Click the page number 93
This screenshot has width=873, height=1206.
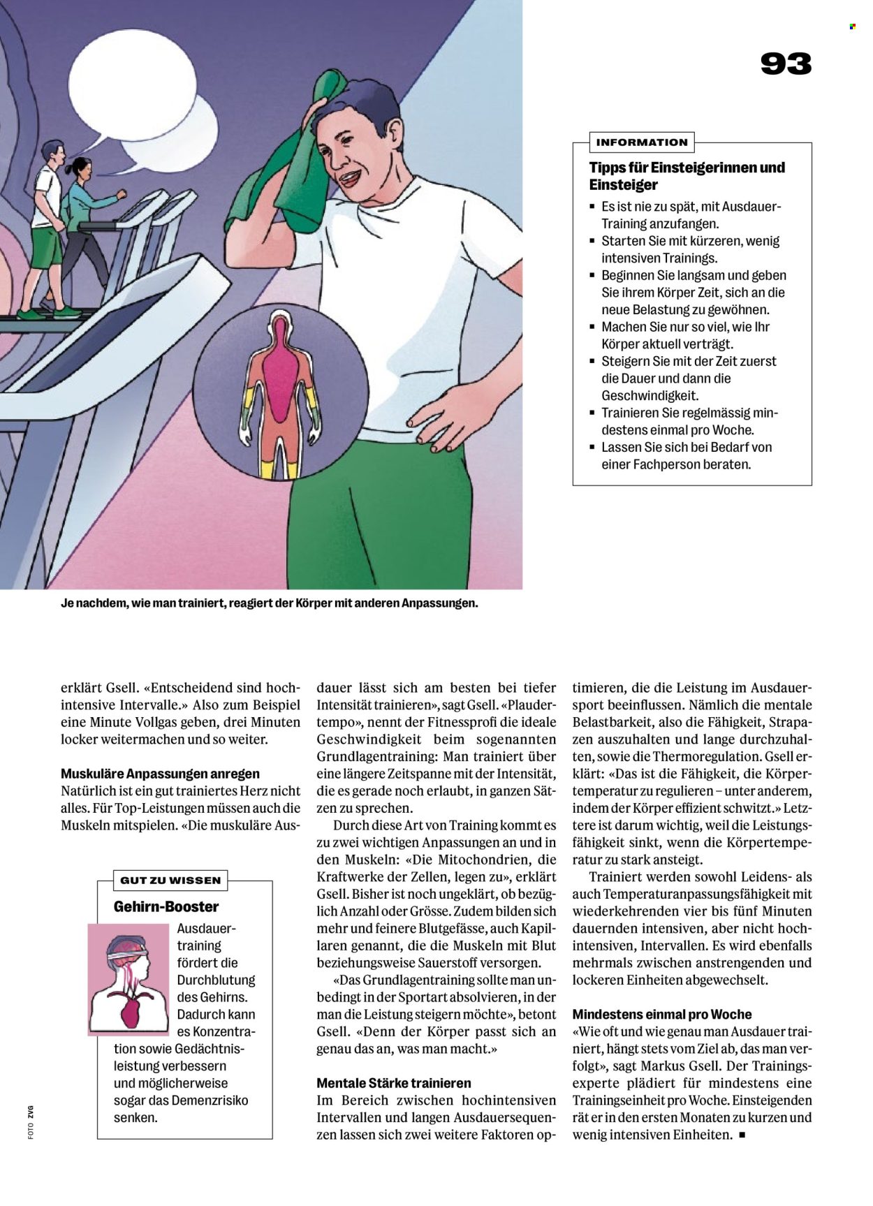tap(786, 64)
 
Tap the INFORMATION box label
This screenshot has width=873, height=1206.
tap(641, 142)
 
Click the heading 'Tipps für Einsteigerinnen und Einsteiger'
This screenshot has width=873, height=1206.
tap(687, 176)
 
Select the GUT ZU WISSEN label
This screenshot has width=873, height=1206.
tap(170, 880)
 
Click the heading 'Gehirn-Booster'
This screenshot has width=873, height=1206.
tap(166, 906)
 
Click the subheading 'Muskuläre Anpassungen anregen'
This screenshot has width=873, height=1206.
tap(160, 774)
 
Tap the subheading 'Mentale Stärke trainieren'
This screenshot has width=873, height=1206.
tap(394, 1083)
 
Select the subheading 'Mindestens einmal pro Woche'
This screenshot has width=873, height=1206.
tap(662, 1014)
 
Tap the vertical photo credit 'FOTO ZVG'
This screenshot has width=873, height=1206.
tap(31, 1123)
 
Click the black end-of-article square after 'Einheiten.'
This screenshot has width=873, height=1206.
tap(742, 1135)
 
